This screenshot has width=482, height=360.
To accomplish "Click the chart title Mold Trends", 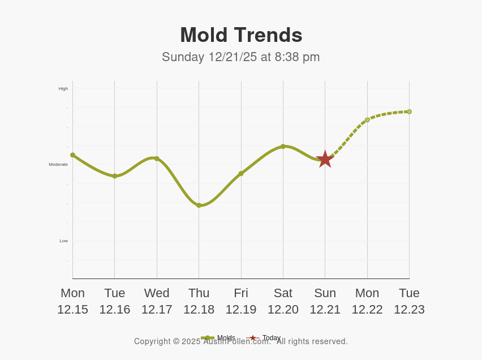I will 241,35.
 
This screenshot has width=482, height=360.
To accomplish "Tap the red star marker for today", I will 325,159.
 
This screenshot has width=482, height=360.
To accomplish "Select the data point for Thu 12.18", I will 199,205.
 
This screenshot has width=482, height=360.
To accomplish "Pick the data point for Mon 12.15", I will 72,155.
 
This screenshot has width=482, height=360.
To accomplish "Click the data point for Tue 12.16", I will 114,176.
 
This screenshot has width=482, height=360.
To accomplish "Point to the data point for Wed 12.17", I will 157,158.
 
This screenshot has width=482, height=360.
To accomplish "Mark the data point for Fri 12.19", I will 241,173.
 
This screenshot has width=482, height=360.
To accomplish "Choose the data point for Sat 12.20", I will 283,146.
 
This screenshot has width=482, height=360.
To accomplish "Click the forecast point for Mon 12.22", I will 367,120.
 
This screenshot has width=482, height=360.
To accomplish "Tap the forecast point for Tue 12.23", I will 409,112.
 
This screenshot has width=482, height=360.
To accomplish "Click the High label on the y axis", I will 63,88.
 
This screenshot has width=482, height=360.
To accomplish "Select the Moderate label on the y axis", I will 58,164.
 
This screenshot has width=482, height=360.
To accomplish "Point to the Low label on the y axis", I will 63,241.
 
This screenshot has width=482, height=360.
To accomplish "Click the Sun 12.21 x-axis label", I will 325,301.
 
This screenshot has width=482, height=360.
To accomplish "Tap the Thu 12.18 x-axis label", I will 199,301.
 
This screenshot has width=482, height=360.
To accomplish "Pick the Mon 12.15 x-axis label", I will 72,301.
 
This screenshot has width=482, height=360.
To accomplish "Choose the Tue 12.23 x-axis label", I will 409,301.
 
